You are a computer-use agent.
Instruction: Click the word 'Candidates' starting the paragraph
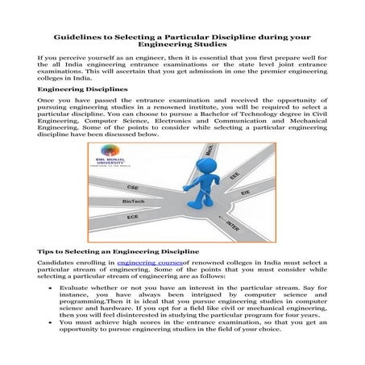click(x=58, y=263)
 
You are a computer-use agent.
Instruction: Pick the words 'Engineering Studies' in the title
click(x=182, y=46)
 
